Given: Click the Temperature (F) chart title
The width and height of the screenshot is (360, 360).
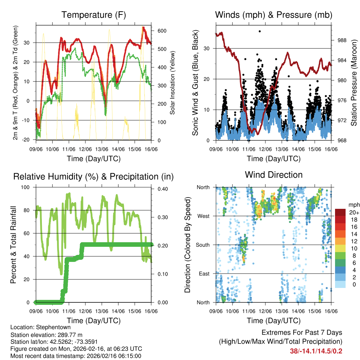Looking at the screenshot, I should [x=94, y=15].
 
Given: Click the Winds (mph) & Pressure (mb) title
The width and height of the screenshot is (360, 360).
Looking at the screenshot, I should [x=274, y=15].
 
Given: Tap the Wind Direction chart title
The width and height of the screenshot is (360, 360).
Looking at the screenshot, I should [x=274, y=175].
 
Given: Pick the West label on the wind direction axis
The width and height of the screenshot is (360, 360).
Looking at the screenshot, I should [x=203, y=216].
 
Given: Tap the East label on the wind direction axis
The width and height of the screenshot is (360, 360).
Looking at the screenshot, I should [x=204, y=274].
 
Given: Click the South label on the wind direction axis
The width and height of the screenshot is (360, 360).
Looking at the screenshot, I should [x=202, y=245].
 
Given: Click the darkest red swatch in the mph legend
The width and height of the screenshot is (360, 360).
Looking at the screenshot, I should [x=340, y=212].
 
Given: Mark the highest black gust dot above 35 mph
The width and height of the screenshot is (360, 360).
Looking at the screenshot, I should [x=260, y=31].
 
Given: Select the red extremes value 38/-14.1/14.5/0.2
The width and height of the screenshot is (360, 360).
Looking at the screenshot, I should [x=316, y=351].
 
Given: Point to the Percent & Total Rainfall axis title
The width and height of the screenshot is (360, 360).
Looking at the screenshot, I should [x=14, y=245].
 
